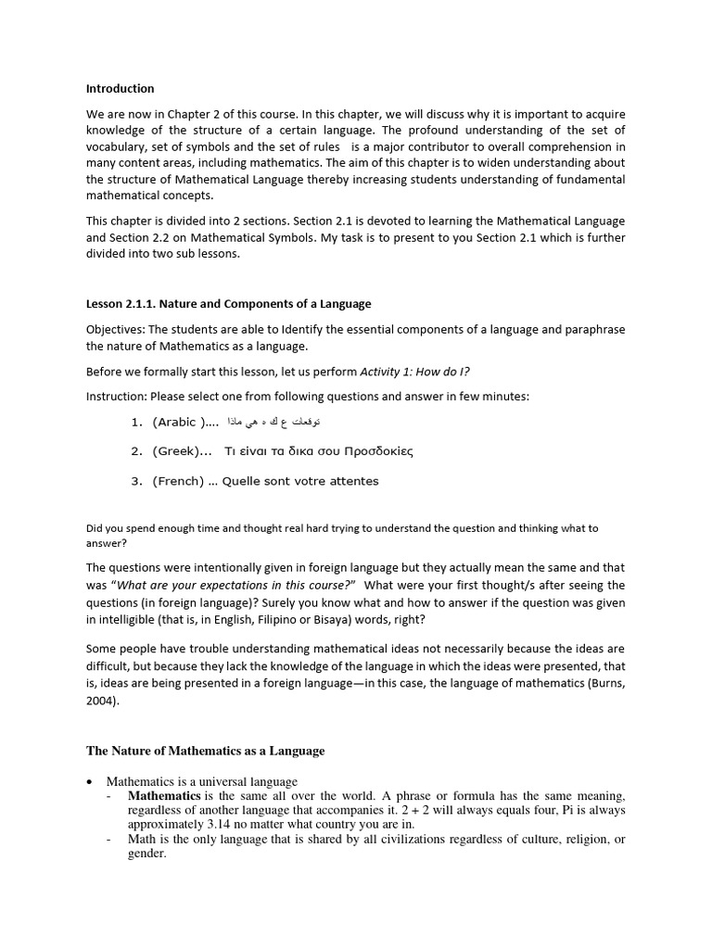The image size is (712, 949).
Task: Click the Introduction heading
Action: pos(121,89)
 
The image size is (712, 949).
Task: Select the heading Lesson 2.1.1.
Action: pos(228,304)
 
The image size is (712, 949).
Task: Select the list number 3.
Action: pos(135,481)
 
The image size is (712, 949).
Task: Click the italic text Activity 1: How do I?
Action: pos(414,372)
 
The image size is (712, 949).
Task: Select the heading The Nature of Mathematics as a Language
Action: pos(206,751)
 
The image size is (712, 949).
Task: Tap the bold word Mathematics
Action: pos(164,796)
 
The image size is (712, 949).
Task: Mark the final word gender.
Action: pos(146,854)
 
